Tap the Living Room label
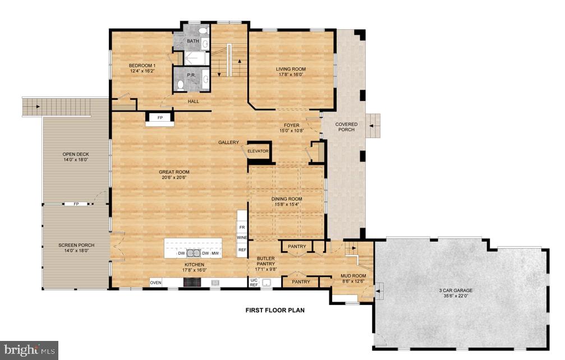291,72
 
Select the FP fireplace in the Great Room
160,118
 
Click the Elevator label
258,151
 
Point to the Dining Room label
287,202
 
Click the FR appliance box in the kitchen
242,228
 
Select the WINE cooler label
242,238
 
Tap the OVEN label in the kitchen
155,283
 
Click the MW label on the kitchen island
215,253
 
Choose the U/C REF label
254,282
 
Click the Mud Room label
353,279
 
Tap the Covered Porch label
346,127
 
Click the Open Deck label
75,157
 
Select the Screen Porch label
76,248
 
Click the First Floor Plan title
275,310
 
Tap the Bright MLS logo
29,350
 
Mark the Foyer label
291,128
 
